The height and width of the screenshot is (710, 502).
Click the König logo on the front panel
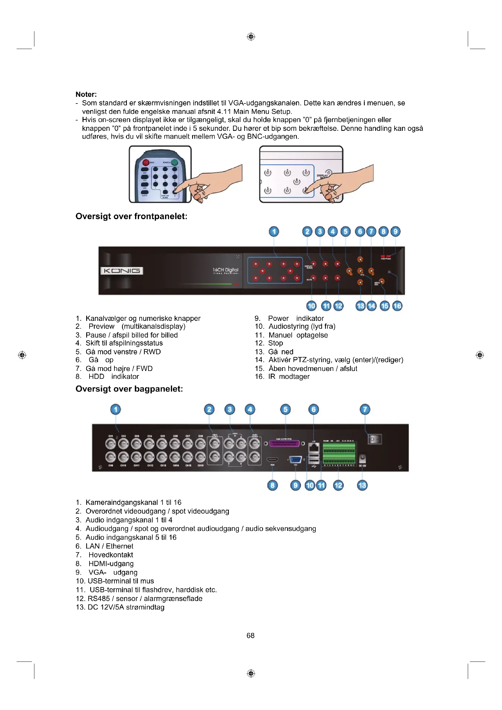(121, 271)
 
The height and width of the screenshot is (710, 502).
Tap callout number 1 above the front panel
(273, 232)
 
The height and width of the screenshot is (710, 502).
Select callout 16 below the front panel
(397, 306)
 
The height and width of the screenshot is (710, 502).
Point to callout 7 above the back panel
(365, 409)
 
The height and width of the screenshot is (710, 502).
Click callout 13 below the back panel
(362, 485)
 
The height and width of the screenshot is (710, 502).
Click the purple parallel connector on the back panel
(284, 443)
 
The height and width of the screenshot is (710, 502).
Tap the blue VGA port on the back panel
(296, 460)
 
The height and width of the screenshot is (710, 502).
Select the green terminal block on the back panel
(339, 452)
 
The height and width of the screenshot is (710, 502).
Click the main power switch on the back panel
(374, 440)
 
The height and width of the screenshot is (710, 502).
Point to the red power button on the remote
(146, 162)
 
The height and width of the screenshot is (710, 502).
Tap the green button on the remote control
(175, 162)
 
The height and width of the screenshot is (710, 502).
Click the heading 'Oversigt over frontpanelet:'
(131, 216)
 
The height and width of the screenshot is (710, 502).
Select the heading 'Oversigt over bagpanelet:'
(129, 389)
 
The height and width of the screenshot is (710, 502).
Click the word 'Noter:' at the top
(86, 94)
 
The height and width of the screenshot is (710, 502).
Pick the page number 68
(250, 635)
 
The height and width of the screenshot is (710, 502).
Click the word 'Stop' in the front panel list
(275, 343)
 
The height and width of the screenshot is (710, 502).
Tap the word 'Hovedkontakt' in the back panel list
(111, 555)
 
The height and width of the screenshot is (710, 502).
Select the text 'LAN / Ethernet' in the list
(110, 546)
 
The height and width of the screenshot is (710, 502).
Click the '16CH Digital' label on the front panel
(225, 270)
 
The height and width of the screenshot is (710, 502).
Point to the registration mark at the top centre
(251, 37)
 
